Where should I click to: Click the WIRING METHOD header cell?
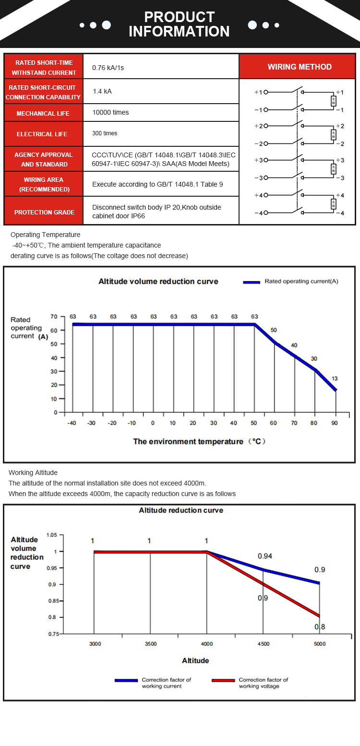pos(300,67)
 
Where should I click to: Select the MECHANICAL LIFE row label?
pos(43,114)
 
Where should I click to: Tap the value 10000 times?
pos(110,112)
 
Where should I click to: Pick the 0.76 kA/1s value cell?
pos(108,68)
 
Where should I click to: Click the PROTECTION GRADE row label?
pos(44,212)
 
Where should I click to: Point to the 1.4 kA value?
pos(102,91)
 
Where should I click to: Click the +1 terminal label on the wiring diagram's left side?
pos(258,92)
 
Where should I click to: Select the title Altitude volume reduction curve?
pos(158,282)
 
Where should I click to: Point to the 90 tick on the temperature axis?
pos(335,423)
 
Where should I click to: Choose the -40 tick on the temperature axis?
pos(72,423)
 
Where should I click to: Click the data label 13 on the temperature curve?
pos(335,379)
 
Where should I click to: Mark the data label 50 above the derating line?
pos(274,331)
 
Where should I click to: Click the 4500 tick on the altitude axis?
pos(263,644)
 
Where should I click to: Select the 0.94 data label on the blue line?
pos(265,556)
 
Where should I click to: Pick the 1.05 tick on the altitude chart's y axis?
pos(52,535)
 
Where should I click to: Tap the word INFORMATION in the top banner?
pos(179,32)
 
